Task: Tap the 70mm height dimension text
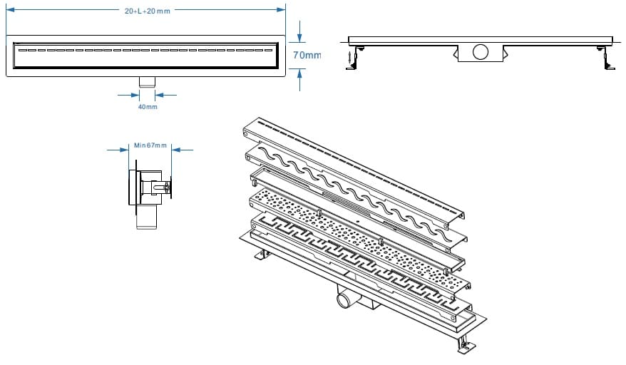click(x=307, y=55)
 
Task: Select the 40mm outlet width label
click(x=148, y=107)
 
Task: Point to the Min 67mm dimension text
click(x=150, y=145)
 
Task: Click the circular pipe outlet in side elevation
click(x=480, y=51)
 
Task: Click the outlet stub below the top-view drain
click(x=148, y=81)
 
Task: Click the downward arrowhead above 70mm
click(x=299, y=36)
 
